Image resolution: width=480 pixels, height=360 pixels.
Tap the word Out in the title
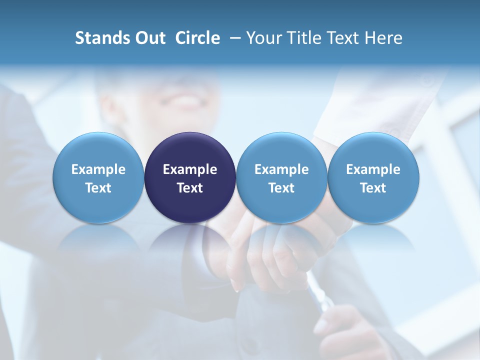(x=149, y=38)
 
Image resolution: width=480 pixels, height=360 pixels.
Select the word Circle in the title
(x=197, y=38)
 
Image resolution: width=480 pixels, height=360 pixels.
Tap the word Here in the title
(x=384, y=38)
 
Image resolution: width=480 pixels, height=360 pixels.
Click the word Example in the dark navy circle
(x=190, y=169)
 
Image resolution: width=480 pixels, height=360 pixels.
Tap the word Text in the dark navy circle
(x=190, y=188)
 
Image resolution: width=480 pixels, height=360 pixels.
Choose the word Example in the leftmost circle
(x=98, y=169)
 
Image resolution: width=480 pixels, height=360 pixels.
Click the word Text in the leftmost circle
(x=98, y=188)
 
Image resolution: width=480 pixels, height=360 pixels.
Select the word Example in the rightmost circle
(x=373, y=169)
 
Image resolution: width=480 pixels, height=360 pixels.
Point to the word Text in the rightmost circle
(x=373, y=188)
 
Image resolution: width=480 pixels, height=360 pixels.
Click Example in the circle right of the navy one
(x=281, y=169)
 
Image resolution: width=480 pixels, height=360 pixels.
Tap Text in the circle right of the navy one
(x=281, y=188)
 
